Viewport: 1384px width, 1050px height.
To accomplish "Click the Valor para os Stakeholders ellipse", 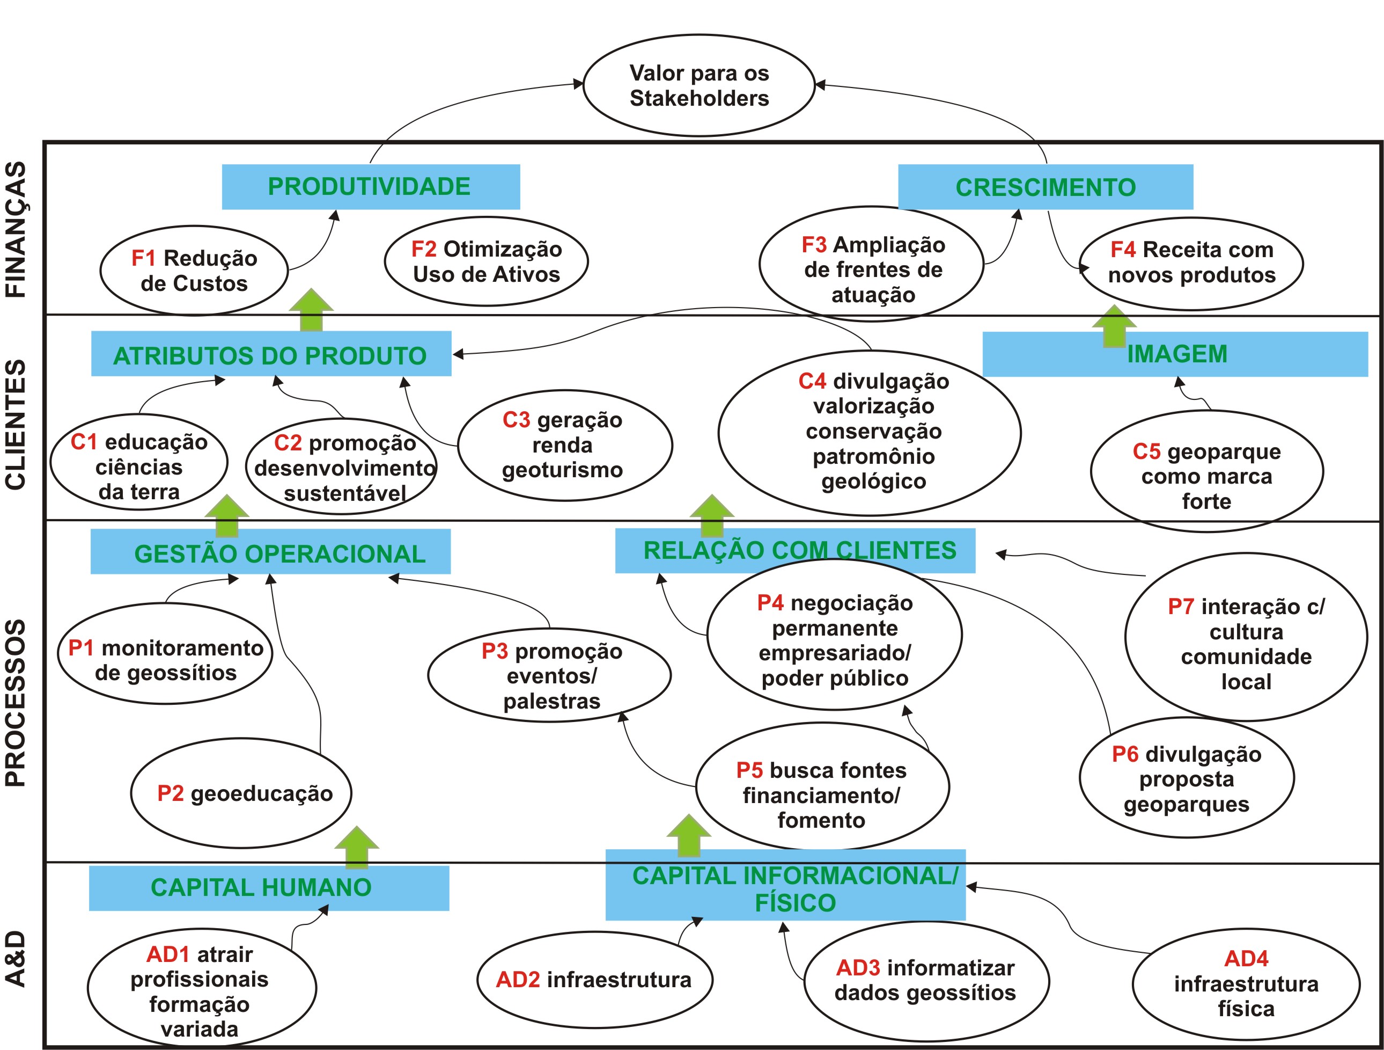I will click(x=699, y=85).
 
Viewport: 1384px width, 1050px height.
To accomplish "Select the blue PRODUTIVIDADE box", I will click(x=370, y=187).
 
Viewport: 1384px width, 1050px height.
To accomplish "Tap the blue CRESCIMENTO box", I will click(x=1045, y=187).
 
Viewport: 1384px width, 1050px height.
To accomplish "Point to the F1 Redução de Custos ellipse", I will click(x=194, y=271).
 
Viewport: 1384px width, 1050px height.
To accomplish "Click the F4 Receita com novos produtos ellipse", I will click(x=1191, y=263).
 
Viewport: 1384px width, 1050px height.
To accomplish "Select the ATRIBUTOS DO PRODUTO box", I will click(x=270, y=354).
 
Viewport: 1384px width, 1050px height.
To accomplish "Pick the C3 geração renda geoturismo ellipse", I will click(x=564, y=445).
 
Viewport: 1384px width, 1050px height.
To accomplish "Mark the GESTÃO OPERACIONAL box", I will click(x=270, y=552).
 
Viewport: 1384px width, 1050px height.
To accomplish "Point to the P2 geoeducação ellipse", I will click(x=241, y=793).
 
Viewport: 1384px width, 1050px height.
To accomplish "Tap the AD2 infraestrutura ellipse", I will click(x=594, y=980).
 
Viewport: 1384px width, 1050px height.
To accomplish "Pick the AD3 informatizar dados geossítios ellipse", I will click(x=926, y=981).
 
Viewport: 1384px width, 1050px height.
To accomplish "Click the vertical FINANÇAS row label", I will click(x=16, y=229).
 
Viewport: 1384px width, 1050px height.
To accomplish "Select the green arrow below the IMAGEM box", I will click(x=1114, y=326).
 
